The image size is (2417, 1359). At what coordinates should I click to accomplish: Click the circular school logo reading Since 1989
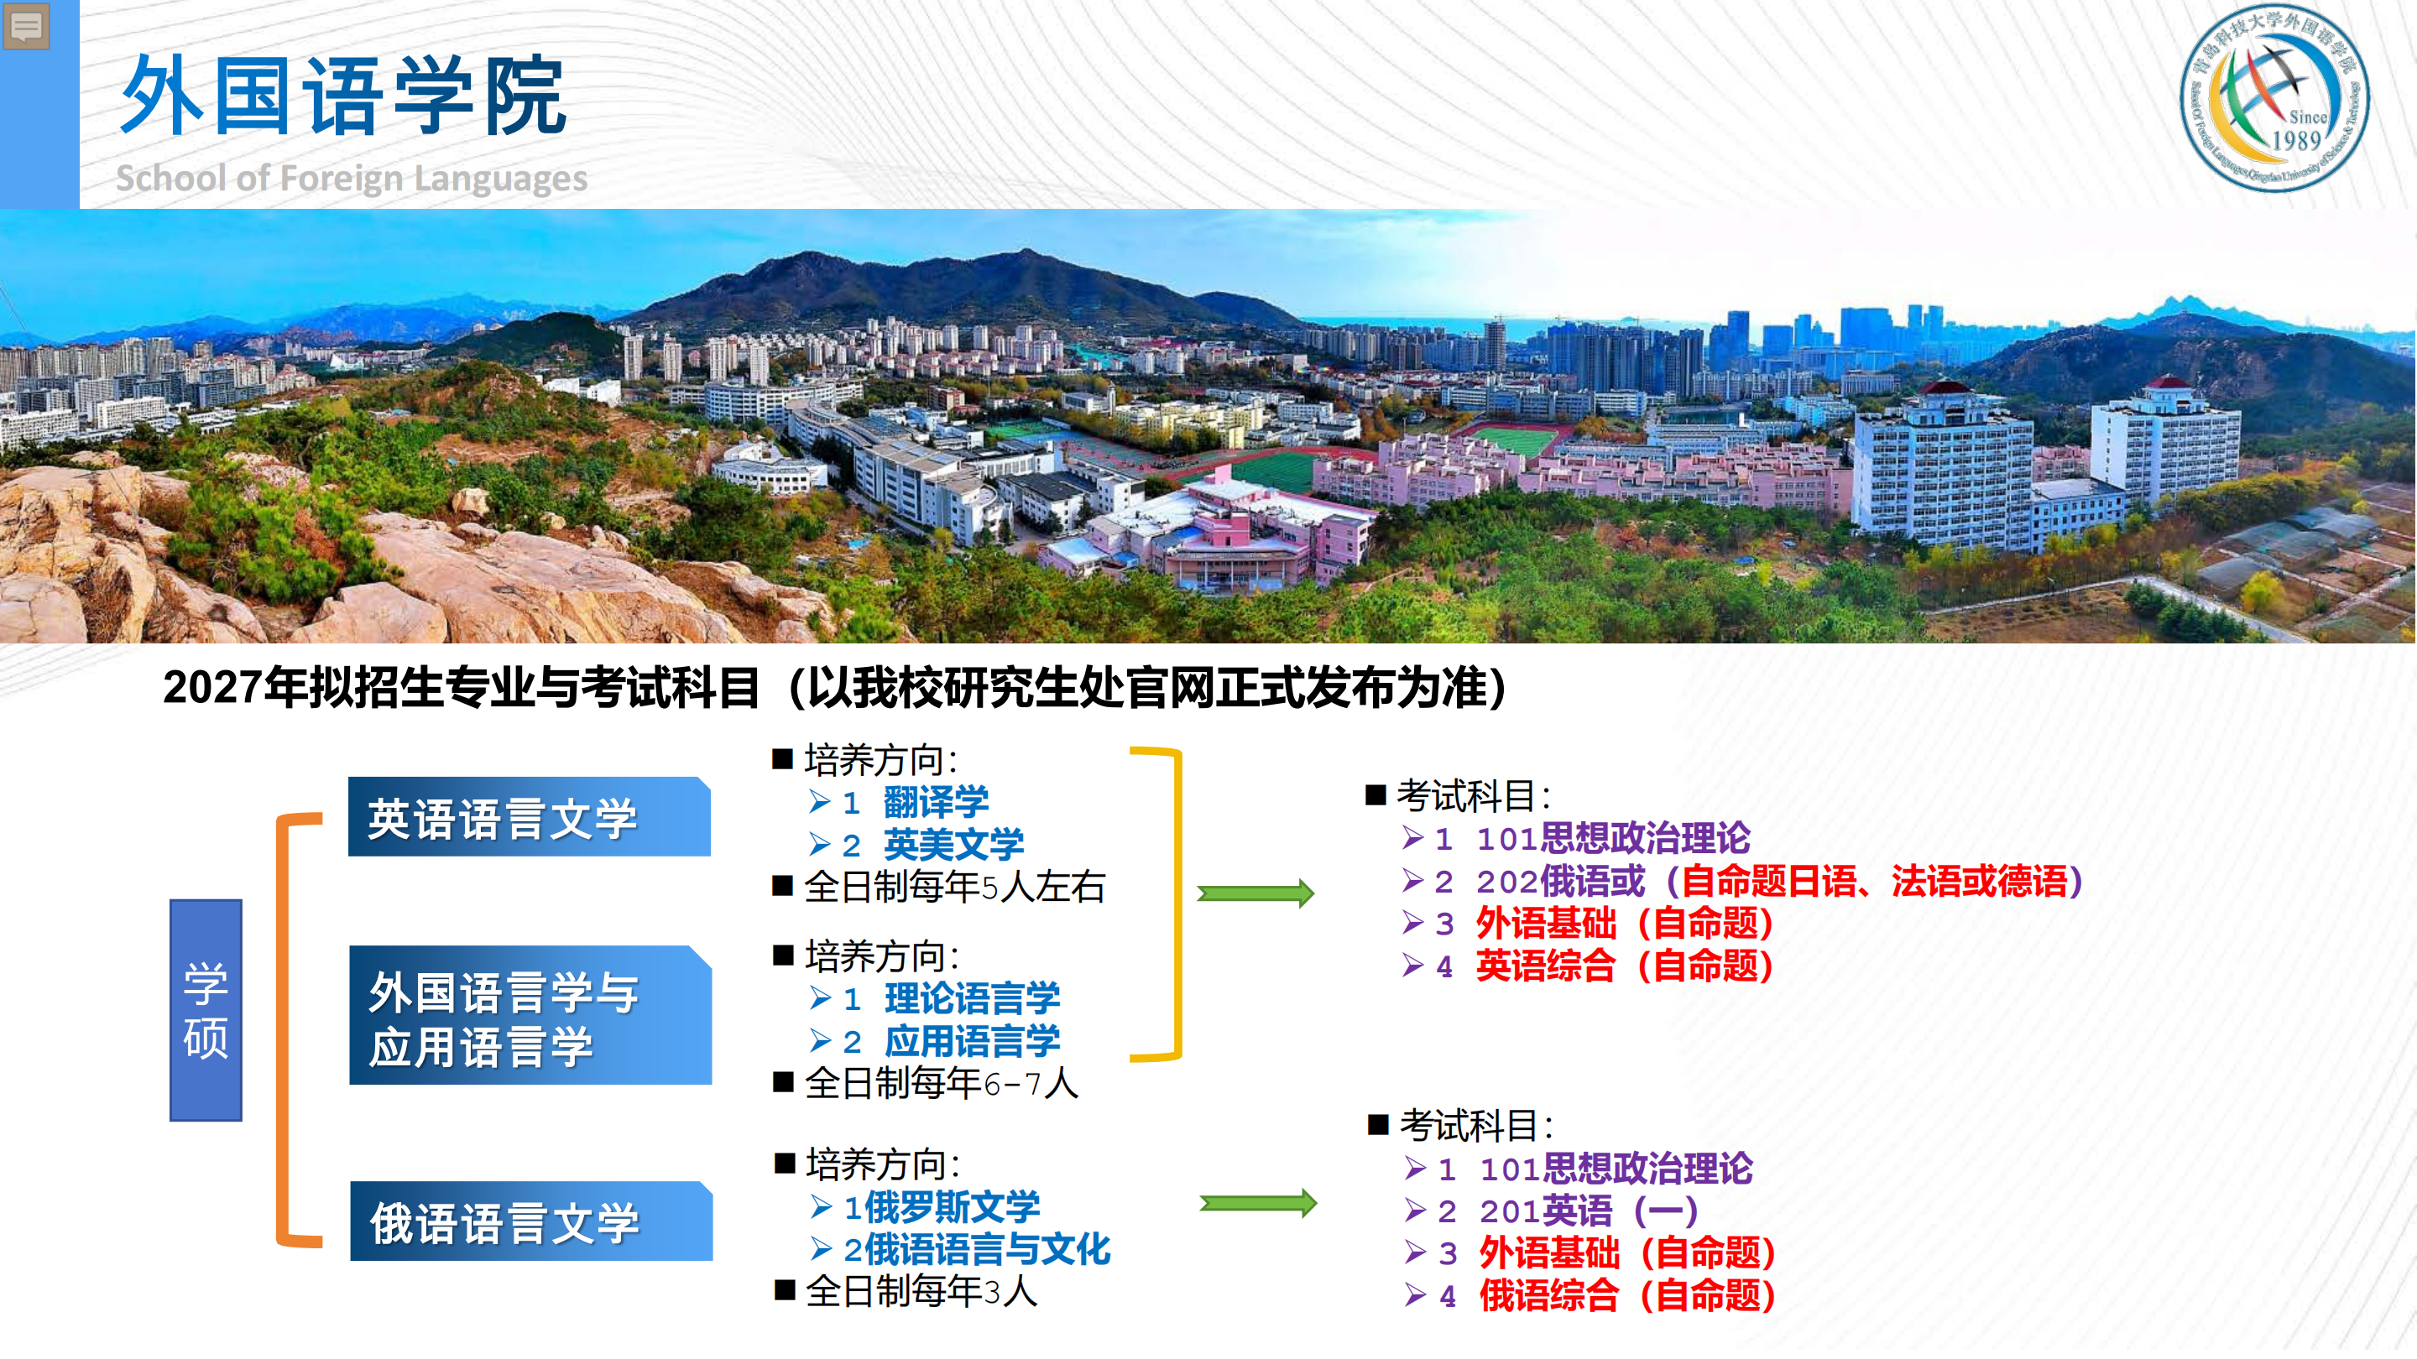[2273, 97]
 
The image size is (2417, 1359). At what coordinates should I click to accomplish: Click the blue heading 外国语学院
[343, 96]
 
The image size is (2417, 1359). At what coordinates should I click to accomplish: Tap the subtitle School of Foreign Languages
[351, 177]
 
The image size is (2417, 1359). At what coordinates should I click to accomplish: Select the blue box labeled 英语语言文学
[530, 817]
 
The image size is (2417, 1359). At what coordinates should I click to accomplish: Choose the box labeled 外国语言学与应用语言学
[530, 1016]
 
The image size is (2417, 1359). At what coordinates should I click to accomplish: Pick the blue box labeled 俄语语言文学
[531, 1221]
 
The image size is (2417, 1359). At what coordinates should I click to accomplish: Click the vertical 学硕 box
[206, 1010]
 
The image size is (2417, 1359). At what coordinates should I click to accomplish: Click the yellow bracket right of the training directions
[1176, 904]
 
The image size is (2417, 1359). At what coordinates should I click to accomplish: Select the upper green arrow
[1255, 893]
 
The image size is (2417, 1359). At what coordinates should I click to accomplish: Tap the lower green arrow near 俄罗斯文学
[1258, 1203]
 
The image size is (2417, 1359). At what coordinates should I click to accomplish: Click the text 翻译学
[936, 802]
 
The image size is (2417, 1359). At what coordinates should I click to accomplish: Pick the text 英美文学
[953, 845]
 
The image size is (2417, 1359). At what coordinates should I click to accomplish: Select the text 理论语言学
[972, 999]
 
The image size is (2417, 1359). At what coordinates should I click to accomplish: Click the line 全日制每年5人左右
[954, 888]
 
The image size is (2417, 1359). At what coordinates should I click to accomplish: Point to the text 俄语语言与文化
[987, 1250]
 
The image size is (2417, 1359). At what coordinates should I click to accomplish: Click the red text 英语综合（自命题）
[1624, 966]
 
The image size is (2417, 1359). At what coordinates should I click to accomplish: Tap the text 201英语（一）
[1589, 1211]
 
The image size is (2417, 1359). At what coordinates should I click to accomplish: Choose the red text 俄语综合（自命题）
[1627, 1296]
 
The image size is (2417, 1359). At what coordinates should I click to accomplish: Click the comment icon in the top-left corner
[26, 26]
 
